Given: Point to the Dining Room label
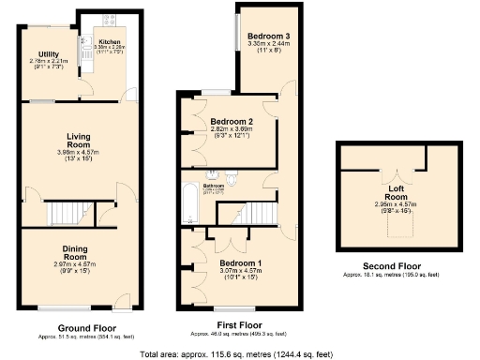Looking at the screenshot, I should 74,252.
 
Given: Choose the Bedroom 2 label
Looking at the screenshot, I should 232,122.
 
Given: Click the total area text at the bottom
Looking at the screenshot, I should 240,354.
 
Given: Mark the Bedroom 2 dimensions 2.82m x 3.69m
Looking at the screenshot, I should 232,130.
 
